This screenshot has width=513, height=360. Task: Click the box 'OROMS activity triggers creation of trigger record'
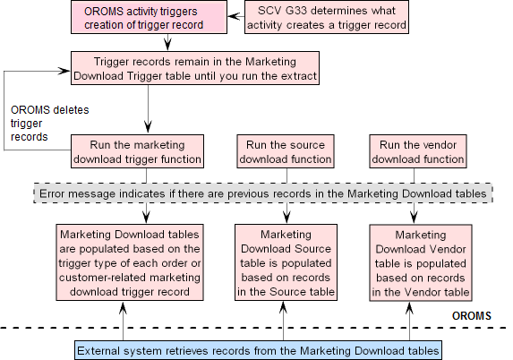tap(149, 17)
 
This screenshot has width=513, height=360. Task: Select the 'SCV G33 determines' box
tap(327, 17)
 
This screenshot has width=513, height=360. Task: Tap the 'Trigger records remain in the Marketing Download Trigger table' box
tap(195, 68)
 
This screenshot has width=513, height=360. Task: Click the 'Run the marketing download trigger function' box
tap(137, 151)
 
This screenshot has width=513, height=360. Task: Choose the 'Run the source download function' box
tap(286, 151)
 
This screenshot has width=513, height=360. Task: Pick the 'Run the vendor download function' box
tap(418, 151)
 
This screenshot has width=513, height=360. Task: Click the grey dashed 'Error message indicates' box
tap(263, 193)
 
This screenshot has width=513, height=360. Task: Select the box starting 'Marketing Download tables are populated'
tap(130, 262)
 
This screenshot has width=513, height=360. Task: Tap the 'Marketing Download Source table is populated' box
tap(286, 262)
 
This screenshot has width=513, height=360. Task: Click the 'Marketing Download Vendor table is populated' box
tap(421, 262)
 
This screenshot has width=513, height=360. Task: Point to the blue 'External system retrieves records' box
tap(258, 350)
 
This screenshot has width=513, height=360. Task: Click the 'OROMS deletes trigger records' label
tap(50, 123)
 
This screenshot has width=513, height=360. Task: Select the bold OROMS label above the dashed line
tap(472, 316)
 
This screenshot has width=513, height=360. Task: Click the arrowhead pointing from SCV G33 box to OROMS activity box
tap(233, 16)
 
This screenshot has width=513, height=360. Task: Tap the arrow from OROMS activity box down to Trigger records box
tap(167, 42)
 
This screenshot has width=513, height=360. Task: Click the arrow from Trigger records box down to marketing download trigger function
tap(149, 109)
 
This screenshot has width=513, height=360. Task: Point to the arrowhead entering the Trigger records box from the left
tap(64, 71)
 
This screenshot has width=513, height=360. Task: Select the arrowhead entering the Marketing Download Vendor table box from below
tap(409, 308)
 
